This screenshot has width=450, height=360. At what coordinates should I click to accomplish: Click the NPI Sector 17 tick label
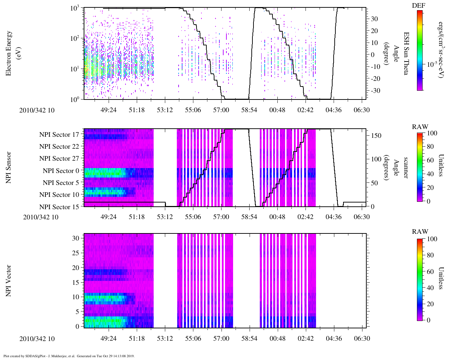(59, 135)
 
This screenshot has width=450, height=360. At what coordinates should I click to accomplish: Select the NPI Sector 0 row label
(61, 171)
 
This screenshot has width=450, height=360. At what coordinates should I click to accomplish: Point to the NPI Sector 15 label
(59, 207)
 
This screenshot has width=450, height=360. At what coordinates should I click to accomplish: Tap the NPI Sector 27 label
(59, 159)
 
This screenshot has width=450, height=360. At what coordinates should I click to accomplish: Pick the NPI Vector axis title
(8, 281)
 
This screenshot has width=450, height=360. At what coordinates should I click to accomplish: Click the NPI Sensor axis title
(8, 167)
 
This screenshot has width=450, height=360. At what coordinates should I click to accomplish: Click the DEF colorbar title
(418, 6)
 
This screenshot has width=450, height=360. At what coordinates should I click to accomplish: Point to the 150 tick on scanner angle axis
(377, 136)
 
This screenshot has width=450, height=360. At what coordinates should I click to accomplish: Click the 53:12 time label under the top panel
(165, 110)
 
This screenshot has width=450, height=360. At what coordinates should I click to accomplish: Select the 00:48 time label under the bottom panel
(277, 339)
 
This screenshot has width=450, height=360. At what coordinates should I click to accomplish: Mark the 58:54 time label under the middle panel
(249, 217)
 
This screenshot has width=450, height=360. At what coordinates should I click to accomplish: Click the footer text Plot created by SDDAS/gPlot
(69, 356)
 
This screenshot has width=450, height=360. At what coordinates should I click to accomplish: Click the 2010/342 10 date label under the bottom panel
(37, 339)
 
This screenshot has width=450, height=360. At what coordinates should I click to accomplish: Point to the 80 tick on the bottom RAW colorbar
(430, 255)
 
